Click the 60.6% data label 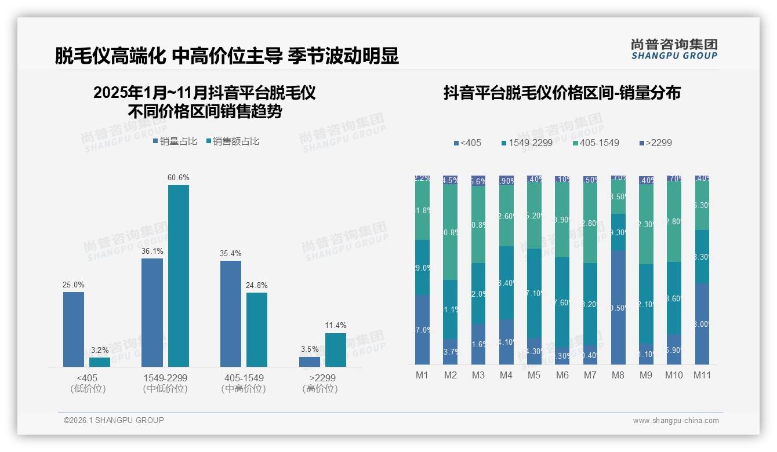coord(179,177)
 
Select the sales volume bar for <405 coord(74,329)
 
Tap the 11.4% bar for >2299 coord(336,349)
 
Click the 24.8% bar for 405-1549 coord(257,329)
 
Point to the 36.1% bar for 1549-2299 coord(153,312)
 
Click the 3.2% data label coord(100,350)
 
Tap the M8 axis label coord(618,375)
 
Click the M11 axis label coord(702,375)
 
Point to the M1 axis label coord(422,375)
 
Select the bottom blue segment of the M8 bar coord(618,307)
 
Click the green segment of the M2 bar coord(451,232)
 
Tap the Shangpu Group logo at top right coord(674,49)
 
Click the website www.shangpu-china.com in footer coord(676,421)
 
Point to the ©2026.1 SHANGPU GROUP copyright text coord(114,420)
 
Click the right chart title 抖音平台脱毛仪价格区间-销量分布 coord(562,93)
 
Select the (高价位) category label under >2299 coord(320,389)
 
